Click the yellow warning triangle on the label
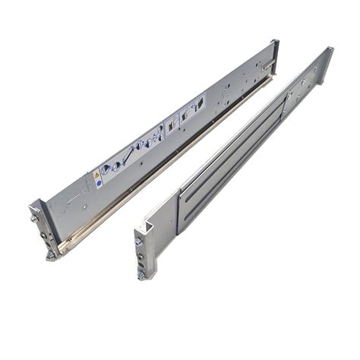coord(96,173)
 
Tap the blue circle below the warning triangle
coord(98,182)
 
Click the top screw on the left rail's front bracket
coord(34,219)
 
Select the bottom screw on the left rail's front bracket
coord(51,255)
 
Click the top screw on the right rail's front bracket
coord(139,242)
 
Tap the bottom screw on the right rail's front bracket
coord(141,274)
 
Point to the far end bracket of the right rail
coord(327,65)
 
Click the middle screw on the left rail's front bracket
coord(42,235)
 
